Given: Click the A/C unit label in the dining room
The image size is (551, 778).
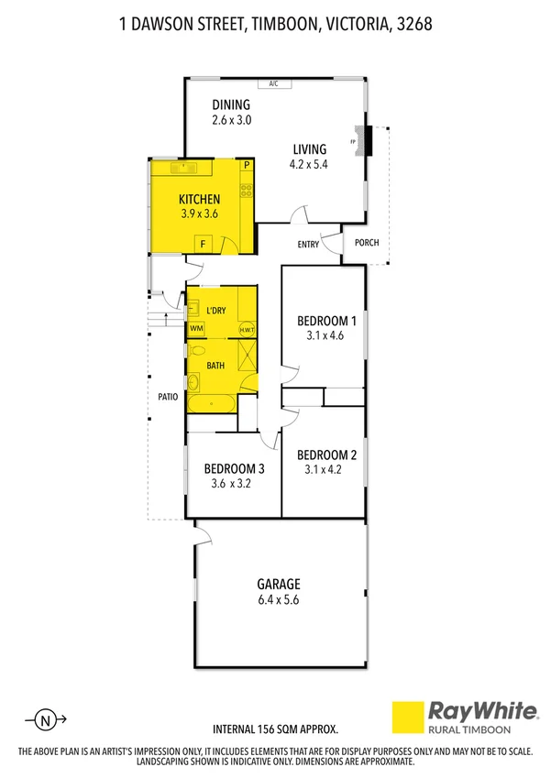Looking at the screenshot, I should click(273, 84).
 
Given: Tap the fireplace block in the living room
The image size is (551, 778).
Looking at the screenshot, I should click(369, 141).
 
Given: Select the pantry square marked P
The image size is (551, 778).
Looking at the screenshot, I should click(247, 166).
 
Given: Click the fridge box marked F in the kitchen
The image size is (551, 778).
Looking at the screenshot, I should click(204, 243).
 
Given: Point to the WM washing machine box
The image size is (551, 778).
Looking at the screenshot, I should click(196, 328).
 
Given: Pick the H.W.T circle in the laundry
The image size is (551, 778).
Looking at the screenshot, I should click(246, 329).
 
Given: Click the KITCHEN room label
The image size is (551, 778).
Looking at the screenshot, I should click(199, 199).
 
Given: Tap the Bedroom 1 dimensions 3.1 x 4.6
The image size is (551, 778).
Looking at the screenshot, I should click(326, 336).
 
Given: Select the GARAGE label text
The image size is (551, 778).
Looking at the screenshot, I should click(278, 584).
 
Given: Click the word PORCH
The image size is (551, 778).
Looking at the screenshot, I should click(367, 243).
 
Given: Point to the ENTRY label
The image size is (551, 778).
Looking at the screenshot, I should click(308, 244).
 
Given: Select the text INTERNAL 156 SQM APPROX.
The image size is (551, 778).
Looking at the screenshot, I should click(275, 729).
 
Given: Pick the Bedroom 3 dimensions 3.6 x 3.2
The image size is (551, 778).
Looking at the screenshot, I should click(231, 484).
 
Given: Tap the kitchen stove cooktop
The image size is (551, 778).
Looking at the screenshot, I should click(247, 191).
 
